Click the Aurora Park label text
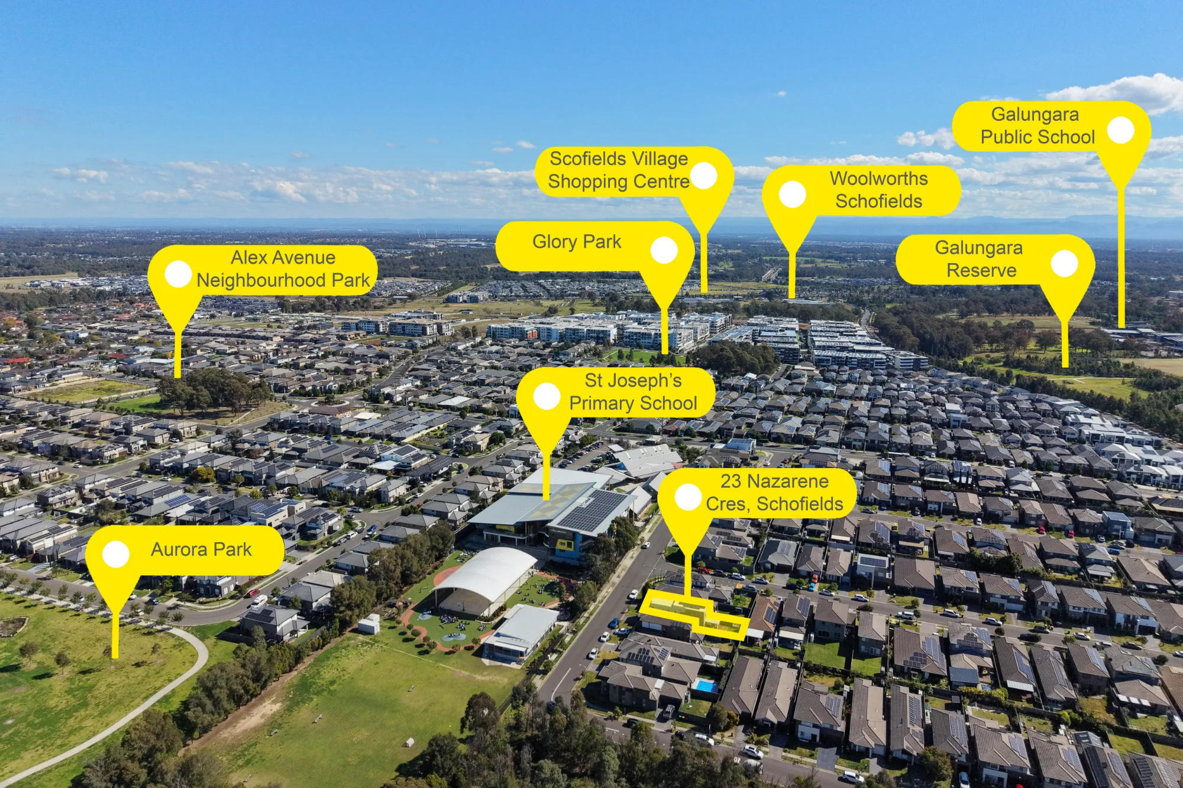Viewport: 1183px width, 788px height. pos(201,550)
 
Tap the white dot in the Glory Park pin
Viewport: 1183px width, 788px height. pos(664,250)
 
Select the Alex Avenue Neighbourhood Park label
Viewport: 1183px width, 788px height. pos(283,269)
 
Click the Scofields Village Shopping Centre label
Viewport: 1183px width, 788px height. pos(619,170)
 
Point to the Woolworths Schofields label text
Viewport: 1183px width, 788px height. pos(879,190)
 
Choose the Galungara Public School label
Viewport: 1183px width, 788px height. pos(1037,125)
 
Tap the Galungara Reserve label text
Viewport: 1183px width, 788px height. pos(979,259)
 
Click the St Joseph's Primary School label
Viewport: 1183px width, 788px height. pos(633,392)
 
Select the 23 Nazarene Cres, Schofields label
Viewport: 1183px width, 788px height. pos(774,492)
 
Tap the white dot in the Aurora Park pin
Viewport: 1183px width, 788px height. pos(116,554)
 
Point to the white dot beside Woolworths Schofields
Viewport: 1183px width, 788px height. pos(793,194)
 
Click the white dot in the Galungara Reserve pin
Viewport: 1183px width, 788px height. pos(1064,264)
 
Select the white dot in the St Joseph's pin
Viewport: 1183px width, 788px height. pos(547,397)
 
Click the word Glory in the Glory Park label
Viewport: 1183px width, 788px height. pos(554,242)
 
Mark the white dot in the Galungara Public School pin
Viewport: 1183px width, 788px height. pos(1120,130)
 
